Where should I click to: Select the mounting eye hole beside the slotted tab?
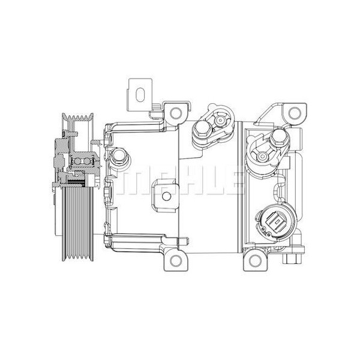pos(175,112)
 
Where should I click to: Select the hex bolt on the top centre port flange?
pos(200,128)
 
